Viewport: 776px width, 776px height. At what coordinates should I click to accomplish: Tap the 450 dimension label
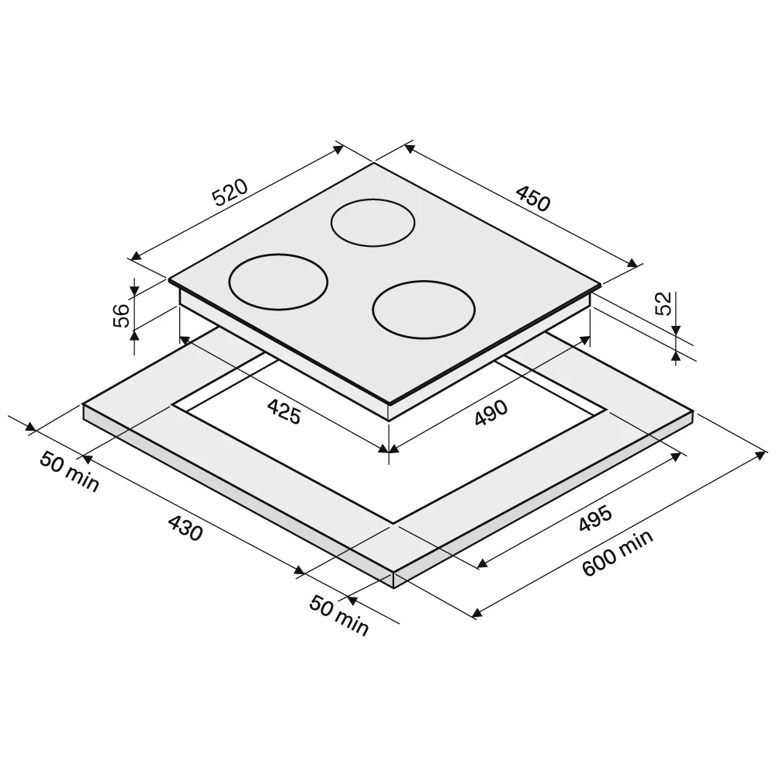click(532, 198)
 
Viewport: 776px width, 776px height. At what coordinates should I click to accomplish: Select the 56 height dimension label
click(121, 315)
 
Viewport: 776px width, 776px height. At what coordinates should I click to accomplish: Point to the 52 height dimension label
click(663, 303)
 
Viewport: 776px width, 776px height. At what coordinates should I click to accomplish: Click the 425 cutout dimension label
click(283, 412)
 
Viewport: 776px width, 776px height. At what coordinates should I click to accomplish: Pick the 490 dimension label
click(491, 413)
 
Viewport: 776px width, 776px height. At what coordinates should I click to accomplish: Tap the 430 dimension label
click(185, 528)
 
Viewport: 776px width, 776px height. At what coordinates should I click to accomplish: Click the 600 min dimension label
click(617, 553)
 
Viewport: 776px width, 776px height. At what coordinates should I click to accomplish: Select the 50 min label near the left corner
click(69, 472)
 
